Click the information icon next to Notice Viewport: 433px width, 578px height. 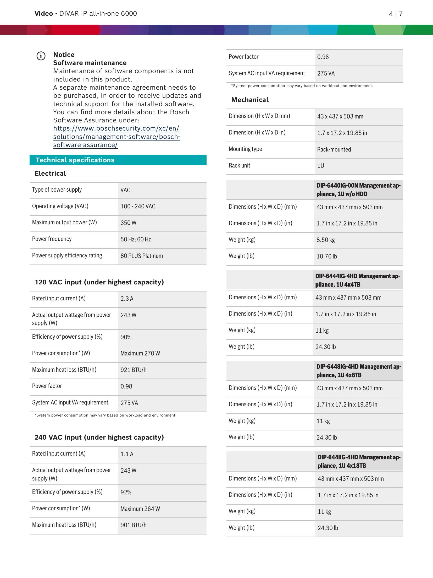point(41,56)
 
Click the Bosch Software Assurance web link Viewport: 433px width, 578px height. point(116,137)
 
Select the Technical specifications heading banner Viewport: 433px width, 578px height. point(118,160)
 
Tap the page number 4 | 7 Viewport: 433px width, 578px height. point(396,14)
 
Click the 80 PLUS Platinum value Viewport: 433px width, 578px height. point(142,256)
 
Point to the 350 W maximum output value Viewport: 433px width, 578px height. point(128,223)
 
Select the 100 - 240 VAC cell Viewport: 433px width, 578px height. point(138,206)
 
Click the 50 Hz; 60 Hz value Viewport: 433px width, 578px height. point(136,239)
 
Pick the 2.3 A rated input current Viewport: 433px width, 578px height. point(127,299)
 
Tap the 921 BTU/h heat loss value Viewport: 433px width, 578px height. point(134,370)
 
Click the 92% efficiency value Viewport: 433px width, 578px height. point(126,492)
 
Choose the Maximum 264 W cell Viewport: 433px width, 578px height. point(140,509)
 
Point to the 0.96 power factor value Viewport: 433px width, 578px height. point(323,57)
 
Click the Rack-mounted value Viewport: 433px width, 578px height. point(334,149)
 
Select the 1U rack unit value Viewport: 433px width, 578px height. point(321,166)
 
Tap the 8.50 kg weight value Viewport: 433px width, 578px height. point(326,240)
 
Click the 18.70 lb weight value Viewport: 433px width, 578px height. point(327,256)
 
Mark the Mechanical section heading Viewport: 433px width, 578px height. point(250,100)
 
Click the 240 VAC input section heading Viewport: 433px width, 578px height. point(99,437)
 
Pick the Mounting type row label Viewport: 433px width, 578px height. point(245,149)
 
